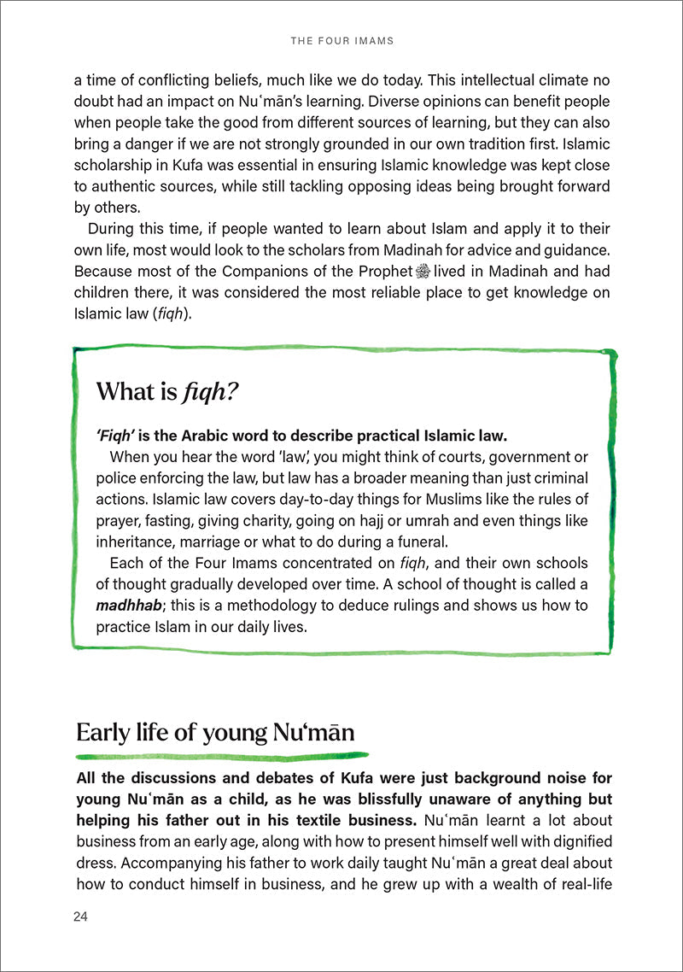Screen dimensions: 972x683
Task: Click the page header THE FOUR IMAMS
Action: point(341,39)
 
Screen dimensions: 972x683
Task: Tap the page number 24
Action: point(81,916)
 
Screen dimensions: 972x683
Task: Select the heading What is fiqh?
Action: point(166,391)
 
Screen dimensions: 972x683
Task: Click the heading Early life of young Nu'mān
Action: point(215,732)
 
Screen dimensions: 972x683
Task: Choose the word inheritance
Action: point(134,542)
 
